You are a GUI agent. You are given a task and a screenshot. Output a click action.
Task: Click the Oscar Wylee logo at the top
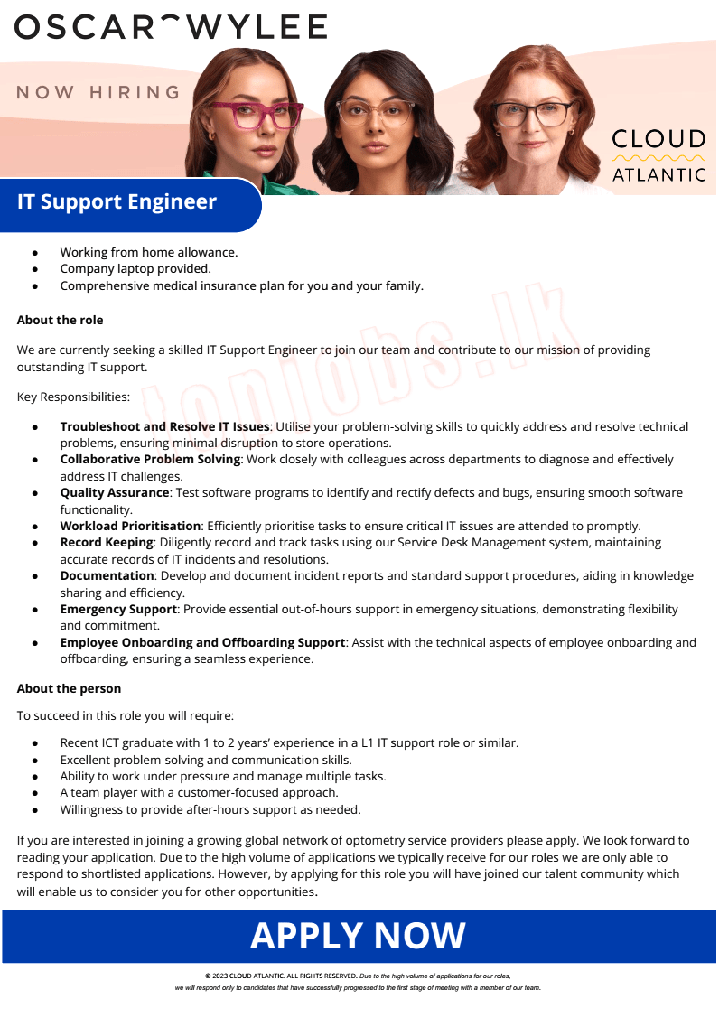171,27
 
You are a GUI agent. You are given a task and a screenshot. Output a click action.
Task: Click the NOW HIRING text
98,92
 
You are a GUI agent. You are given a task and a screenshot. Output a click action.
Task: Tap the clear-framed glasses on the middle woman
374,113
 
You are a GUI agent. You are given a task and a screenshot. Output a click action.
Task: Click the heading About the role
60,320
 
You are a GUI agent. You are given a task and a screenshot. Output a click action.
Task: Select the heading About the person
69,688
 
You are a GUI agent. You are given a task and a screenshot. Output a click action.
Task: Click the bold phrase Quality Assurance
115,492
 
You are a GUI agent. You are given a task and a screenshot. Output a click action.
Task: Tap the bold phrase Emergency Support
118,609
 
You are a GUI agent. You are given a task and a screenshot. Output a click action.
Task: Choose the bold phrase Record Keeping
106,542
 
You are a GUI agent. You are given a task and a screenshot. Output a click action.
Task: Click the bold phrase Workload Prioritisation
130,526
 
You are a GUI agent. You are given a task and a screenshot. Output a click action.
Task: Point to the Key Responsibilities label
73,397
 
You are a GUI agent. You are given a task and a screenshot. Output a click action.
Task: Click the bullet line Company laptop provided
135,268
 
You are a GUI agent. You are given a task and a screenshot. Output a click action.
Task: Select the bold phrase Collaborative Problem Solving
150,459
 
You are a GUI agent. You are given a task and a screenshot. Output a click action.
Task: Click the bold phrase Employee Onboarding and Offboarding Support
202,642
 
